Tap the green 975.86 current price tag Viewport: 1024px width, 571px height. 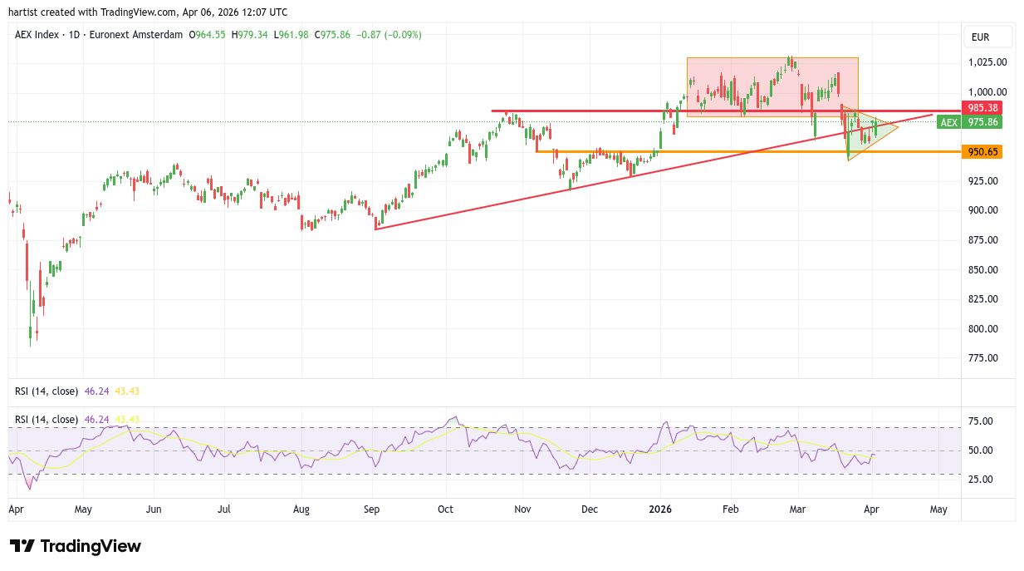click(x=983, y=122)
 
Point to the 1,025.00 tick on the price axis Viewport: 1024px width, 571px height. click(x=987, y=62)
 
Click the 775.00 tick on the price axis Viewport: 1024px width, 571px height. click(x=987, y=358)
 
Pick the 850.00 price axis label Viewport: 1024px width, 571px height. click(x=987, y=270)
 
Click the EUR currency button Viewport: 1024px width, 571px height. click(x=981, y=37)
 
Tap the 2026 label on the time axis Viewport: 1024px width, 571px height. click(x=660, y=508)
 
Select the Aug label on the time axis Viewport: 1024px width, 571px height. click(x=301, y=508)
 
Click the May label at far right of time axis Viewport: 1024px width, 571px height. click(x=938, y=508)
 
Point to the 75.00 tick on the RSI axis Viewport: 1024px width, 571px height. click(x=982, y=421)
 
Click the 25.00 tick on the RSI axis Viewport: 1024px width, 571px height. click(x=982, y=480)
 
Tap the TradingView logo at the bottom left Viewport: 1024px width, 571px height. click(x=76, y=546)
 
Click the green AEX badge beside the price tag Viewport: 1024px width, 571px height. click(x=949, y=122)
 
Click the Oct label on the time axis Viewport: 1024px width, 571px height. click(x=446, y=508)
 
